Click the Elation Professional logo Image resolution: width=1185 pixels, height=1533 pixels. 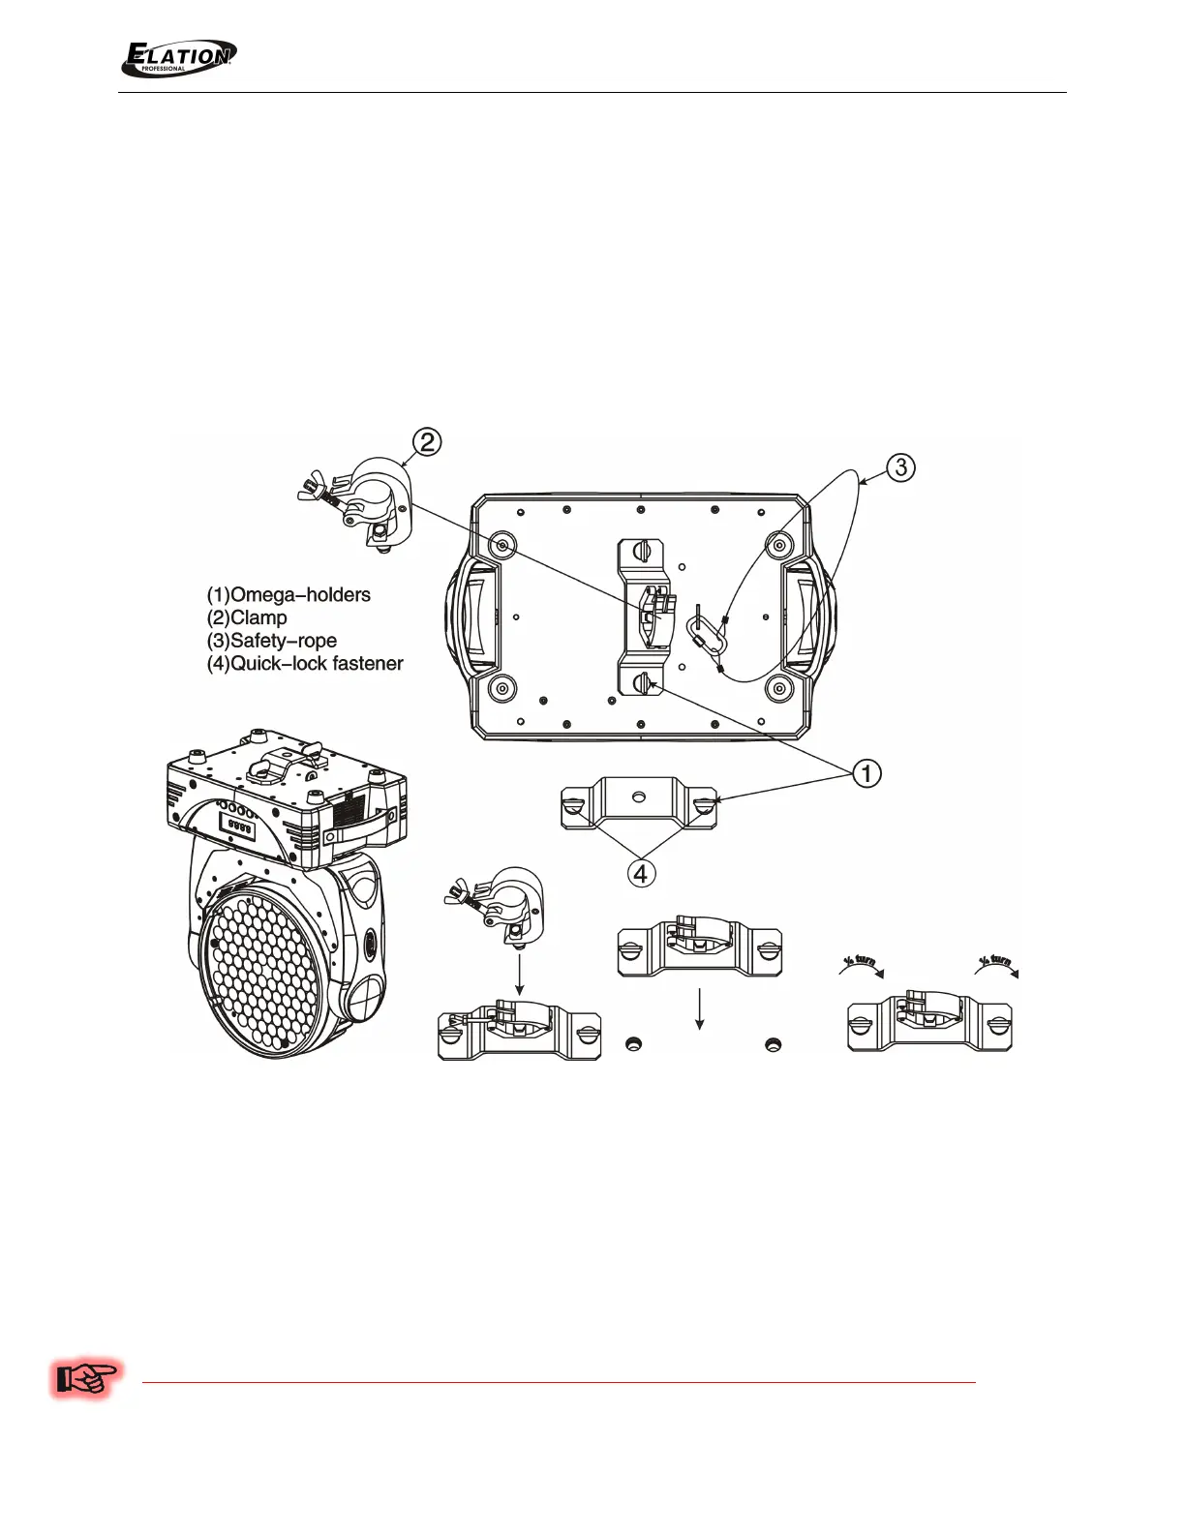point(178,58)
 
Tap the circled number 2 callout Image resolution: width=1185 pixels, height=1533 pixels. point(427,442)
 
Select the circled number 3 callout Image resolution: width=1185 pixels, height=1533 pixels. point(900,467)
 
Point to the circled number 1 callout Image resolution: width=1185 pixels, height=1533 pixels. point(866,773)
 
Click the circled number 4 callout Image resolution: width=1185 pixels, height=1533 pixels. point(640,873)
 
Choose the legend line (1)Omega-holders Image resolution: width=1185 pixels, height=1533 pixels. point(289,594)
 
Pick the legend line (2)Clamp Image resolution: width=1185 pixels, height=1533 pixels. point(247,617)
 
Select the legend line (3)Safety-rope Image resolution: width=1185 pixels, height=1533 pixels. point(272,641)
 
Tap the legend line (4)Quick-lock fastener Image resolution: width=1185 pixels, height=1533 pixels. point(305,664)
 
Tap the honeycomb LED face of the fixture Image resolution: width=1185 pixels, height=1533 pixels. point(267,967)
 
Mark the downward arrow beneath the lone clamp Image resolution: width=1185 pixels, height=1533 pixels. point(520,973)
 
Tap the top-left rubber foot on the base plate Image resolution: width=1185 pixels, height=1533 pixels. point(502,546)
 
